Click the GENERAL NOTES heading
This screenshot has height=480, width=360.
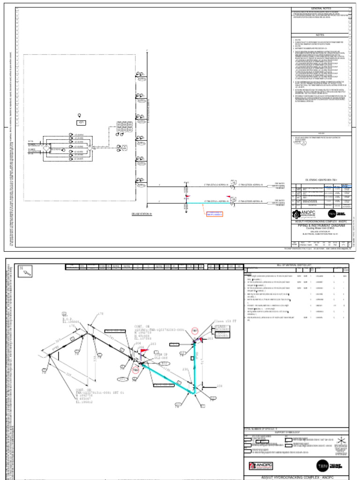321,9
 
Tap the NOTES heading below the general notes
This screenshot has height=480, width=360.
321,35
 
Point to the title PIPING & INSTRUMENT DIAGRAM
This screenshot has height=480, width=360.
321,225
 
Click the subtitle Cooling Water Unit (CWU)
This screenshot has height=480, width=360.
321,229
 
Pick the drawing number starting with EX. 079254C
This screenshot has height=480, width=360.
321,179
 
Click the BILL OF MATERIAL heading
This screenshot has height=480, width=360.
296,265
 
